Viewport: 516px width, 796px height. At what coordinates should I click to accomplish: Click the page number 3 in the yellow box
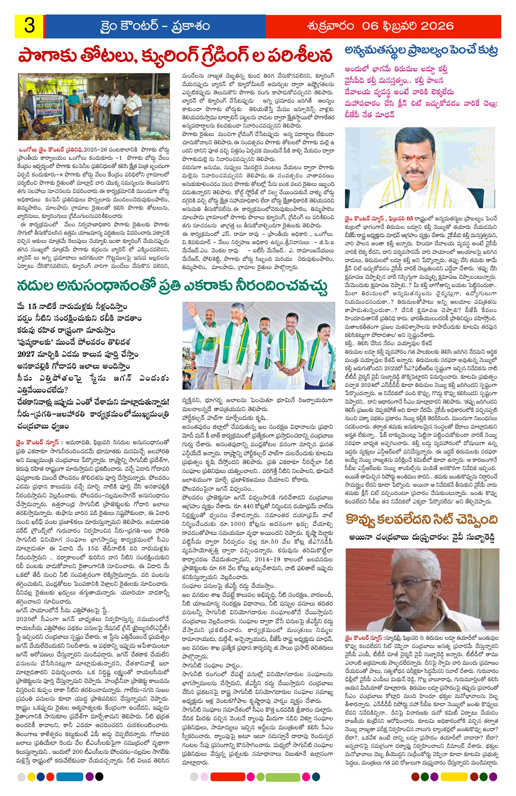pyautogui.click(x=29, y=26)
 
